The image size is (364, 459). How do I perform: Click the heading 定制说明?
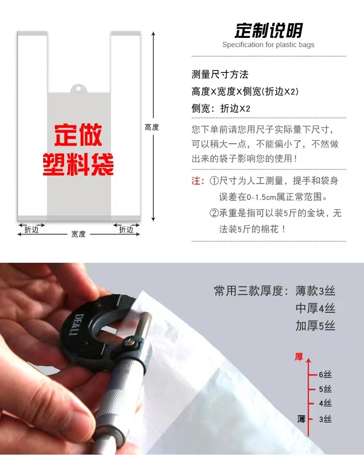pyautogui.click(x=268, y=31)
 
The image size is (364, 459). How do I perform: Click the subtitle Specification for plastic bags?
pyautogui.click(x=268, y=45)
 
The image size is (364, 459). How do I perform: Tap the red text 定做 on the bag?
pyautogui.click(x=78, y=136)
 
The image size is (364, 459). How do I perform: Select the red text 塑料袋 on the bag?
pyautogui.click(x=78, y=164)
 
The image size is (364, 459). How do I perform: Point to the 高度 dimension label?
pyautogui.click(x=151, y=127)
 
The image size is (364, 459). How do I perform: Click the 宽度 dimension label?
pyautogui.click(x=78, y=234)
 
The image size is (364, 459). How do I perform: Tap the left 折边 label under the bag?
pyautogui.click(x=32, y=230)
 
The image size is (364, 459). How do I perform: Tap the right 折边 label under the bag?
pyautogui.click(x=126, y=230)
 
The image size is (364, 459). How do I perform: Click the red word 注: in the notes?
pyautogui.click(x=198, y=181)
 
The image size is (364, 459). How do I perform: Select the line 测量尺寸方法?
pyautogui.click(x=220, y=74)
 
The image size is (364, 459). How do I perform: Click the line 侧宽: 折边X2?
pyautogui.click(x=221, y=108)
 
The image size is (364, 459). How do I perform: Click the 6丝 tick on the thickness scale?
pyautogui.click(x=325, y=374)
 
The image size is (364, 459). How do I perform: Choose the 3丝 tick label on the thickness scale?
pyautogui.click(x=325, y=419)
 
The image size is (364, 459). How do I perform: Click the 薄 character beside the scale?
pyautogui.click(x=301, y=419)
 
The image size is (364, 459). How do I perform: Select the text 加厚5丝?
pyautogui.click(x=315, y=325)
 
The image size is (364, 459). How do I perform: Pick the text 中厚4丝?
pyautogui.click(x=315, y=308)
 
